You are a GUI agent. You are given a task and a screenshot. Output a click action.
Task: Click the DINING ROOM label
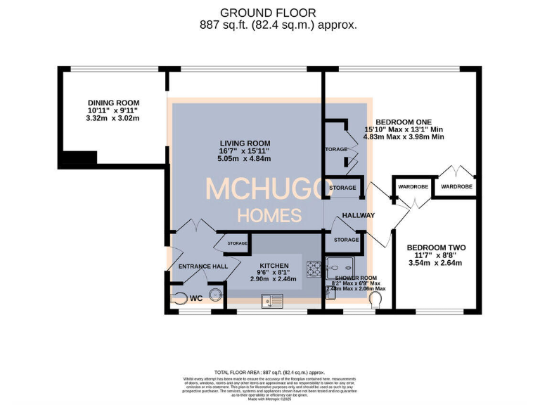[x=113, y=103]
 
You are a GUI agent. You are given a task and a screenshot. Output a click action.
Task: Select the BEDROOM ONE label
[x=404, y=121]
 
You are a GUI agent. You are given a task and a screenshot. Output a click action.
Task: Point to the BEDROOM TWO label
[x=436, y=247]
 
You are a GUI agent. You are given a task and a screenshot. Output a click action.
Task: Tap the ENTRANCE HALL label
[x=202, y=267]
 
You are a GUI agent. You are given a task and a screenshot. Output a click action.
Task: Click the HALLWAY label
[x=359, y=215]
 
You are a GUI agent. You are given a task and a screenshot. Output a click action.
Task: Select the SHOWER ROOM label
[x=356, y=278]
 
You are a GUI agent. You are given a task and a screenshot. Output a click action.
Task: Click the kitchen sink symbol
[x=271, y=301]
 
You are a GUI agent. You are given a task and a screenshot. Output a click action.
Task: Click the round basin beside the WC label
[x=215, y=296]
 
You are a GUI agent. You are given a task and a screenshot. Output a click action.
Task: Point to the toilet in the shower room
[x=376, y=300]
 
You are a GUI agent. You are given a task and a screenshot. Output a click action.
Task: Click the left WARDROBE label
[x=413, y=187]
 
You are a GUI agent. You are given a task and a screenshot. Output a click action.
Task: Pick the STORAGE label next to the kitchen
[x=237, y=243]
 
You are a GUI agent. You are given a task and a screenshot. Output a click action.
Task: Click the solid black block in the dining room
[x=77, y=160]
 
